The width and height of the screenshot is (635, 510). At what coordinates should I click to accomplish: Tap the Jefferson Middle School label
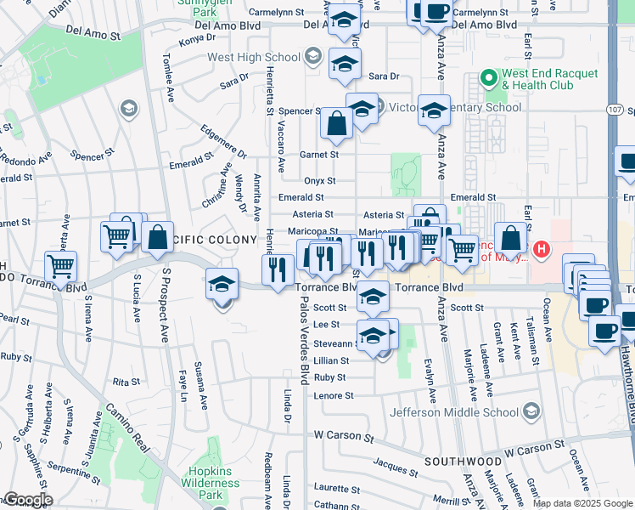[x=454, y=413]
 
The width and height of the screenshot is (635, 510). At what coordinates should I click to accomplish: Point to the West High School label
[x=254, y=58]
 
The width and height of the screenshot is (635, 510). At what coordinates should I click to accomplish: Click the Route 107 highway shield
[x=617, y=110]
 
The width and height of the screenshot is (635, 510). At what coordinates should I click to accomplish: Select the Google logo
[x=27, y=500]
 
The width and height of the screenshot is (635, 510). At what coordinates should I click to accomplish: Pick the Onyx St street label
[x=320, y=180]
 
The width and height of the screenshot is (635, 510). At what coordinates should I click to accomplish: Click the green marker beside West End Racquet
[x=488, y=79]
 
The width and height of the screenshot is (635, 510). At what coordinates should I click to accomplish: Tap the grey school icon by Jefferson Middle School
[x=531, y=412]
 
